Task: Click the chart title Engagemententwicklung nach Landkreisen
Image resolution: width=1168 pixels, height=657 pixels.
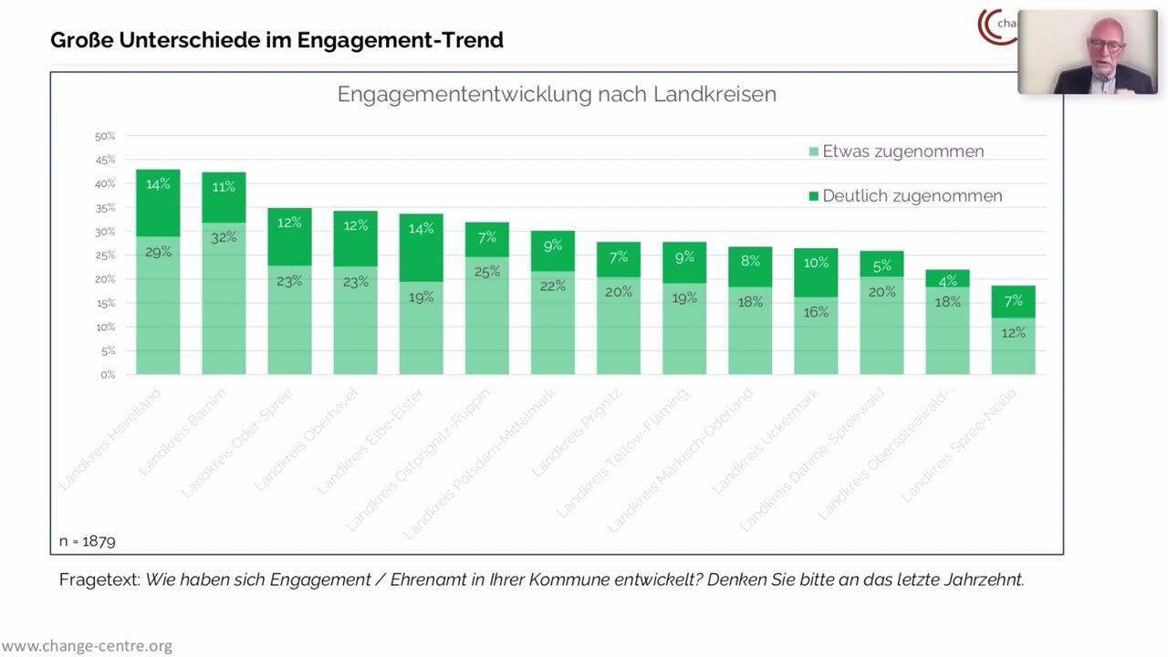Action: coord(557,94)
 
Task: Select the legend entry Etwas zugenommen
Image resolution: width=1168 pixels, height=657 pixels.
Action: coord(902,151)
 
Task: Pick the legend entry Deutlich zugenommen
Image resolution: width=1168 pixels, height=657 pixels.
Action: coord(912,196)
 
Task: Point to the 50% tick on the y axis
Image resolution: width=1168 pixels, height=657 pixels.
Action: coord(105,136)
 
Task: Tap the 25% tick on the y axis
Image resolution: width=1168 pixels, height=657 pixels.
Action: coord(105,255)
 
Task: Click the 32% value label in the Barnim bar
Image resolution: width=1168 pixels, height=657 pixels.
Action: coord(224,237)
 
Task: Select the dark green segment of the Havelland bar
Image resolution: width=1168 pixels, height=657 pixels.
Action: coord(158,203)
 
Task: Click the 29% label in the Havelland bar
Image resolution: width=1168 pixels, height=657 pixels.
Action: coord(158,252)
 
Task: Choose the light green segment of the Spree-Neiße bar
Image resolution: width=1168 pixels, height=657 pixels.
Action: coord(1013,347)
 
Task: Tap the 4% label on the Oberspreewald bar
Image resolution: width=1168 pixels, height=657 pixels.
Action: coord(947,280)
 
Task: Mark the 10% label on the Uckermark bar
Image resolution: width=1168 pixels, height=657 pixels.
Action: coord(816,263)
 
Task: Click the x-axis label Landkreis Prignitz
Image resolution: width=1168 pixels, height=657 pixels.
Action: coord(577,433)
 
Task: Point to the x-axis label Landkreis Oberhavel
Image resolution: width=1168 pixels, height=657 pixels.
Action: coord(307,440)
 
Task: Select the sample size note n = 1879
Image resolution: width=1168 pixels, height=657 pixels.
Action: coord(88,541)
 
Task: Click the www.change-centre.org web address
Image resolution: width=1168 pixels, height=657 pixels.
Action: coord(87,646)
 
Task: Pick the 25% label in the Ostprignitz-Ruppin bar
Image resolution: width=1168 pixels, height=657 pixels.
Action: coord(487,271)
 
